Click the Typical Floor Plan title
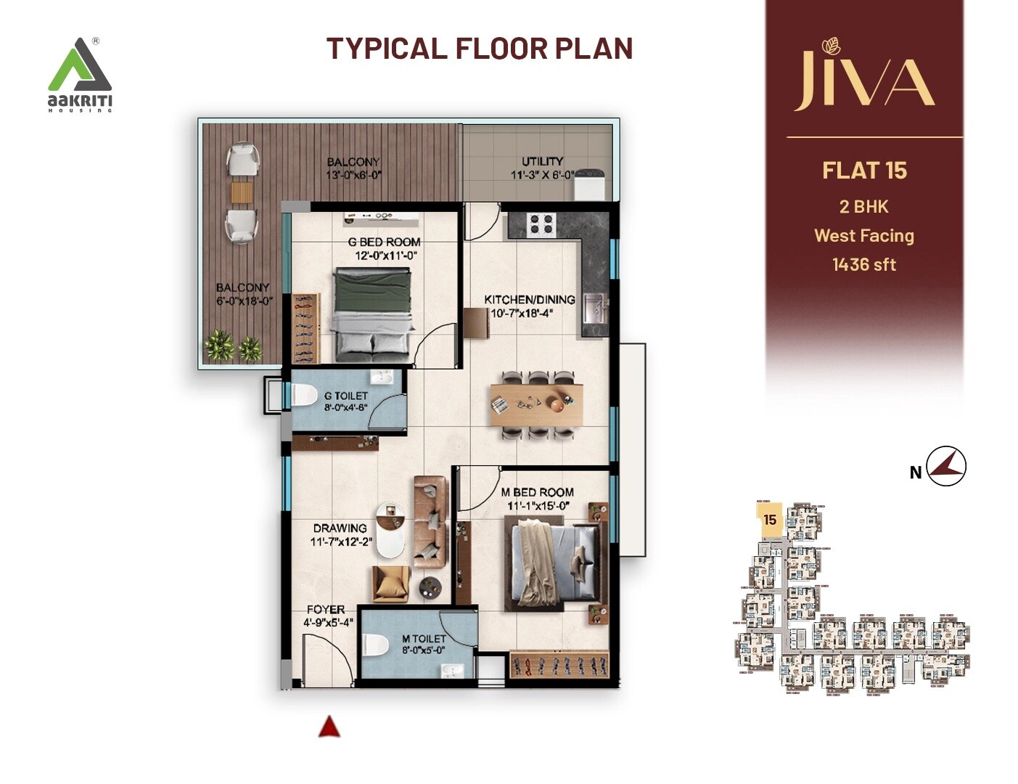(480, 49)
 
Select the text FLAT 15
(864, 171)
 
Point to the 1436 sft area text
(864, 265)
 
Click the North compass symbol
(947, 466)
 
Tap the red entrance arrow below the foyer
(329, 727)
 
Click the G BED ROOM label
(385, 242)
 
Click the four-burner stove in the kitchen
(541, 224)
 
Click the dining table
(536, 404)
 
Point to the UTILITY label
(542, 161)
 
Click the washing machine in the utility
(590, 184)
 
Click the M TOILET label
(424, 639)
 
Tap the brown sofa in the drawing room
(430, 521)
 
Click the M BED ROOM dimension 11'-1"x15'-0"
(537, 506)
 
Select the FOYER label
(325, 610)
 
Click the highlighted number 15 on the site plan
(770, 520)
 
